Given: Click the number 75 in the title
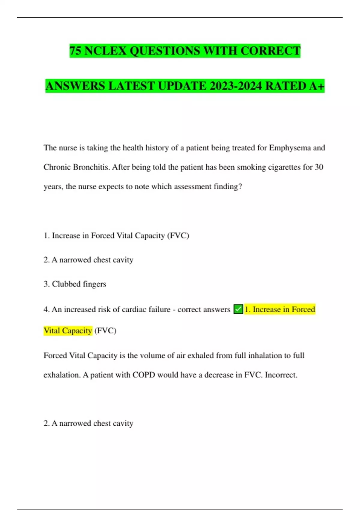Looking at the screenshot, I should tap(76, 51).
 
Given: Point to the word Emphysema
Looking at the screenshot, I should tap(290, 148).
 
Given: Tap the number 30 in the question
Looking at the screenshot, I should tap(319, 167).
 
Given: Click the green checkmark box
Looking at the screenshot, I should tap(238, 309).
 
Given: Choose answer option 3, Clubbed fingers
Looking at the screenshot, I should tap(75, 284).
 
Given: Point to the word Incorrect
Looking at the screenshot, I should tap(281, 375).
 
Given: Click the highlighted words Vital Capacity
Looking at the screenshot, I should tap(68, 331).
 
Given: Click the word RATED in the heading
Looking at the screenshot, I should tap(286, 86).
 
